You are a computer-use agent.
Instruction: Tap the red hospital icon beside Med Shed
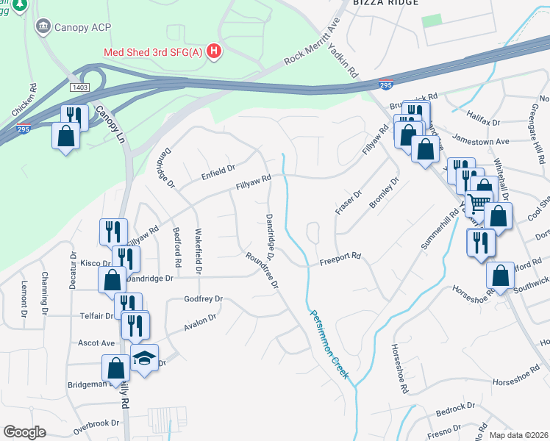(214, 51)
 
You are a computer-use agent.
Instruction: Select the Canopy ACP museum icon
(43, 27)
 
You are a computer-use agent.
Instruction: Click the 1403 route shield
(80, 87)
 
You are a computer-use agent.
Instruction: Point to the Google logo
(24, 431)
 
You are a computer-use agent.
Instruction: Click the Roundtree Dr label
(262, 270)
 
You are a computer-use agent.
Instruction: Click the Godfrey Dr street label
(203, 300)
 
